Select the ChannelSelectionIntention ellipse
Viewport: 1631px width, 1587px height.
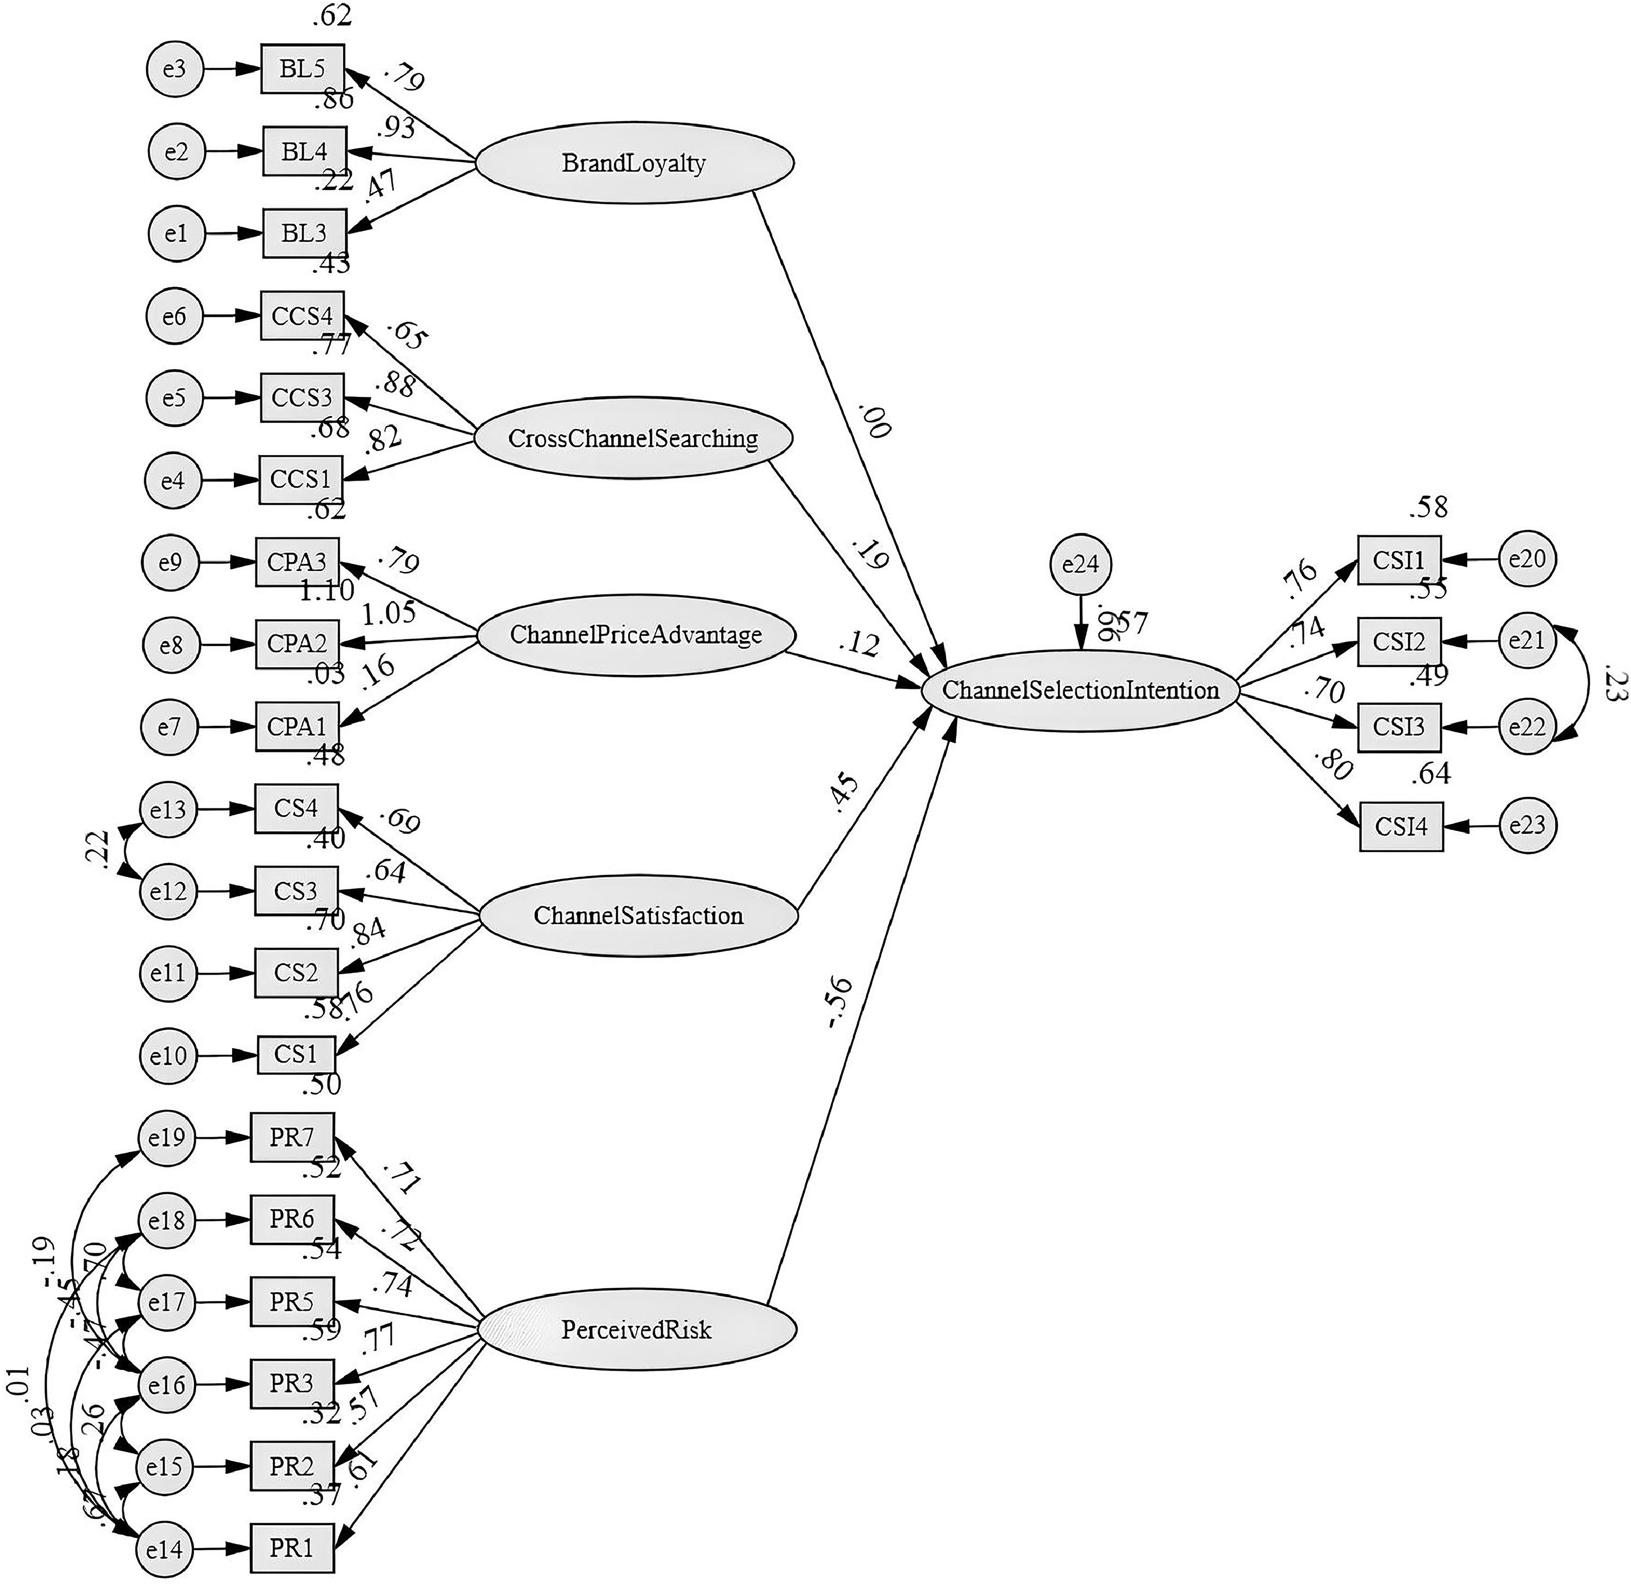(x=1080, y=690)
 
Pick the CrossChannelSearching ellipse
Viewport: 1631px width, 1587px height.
(x=633, y=438)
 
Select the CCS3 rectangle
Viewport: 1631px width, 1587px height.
(x=302, y=397)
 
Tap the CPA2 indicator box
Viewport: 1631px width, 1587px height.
(x=297, y=644)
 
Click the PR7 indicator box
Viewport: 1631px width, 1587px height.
(x=292, y=1137)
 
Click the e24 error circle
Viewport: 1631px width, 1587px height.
(x=1080, y=564)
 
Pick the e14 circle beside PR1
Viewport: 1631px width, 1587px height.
(x=164, y=1548)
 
